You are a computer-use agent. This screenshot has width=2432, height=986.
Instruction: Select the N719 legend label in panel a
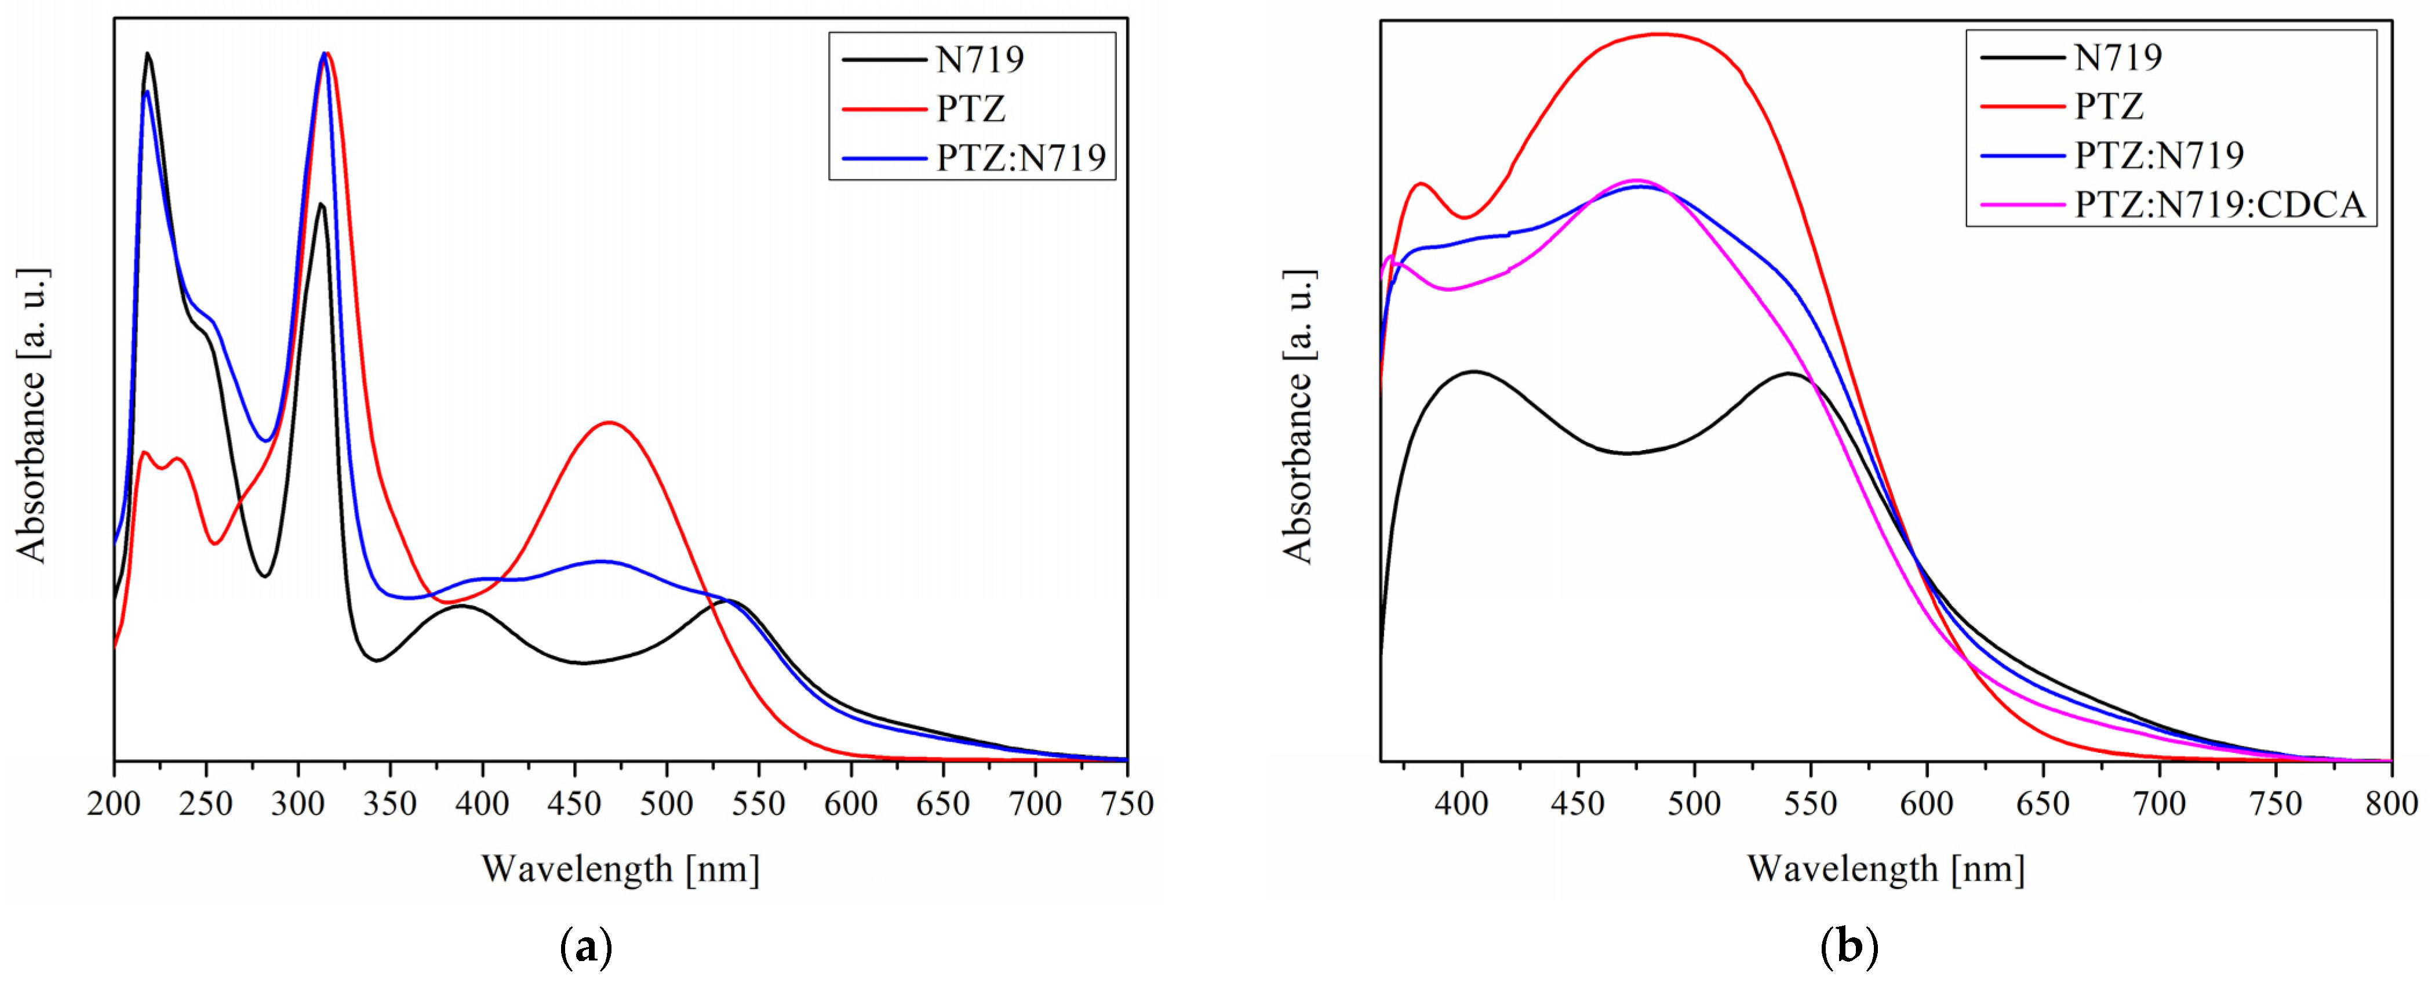point(980,60)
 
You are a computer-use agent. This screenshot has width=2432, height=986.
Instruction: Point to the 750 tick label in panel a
point(1127,804)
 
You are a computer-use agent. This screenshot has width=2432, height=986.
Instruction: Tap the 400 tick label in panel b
point(1462,804)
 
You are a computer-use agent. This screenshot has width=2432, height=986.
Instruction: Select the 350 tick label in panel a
point(390,804)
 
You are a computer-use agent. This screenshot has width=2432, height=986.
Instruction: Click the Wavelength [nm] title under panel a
point(620,869)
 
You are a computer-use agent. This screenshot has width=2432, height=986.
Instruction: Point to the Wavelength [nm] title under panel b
point(1885,869)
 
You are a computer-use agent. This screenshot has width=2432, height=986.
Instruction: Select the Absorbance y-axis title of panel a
point(32,415)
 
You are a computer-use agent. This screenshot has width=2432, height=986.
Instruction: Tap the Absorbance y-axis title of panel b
point(1298,415)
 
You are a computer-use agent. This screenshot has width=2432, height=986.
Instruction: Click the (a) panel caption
point(587,947)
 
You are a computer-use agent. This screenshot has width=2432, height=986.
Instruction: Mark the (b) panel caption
point(1848,947)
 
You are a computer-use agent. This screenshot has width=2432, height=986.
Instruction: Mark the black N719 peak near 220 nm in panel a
point(147,54)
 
